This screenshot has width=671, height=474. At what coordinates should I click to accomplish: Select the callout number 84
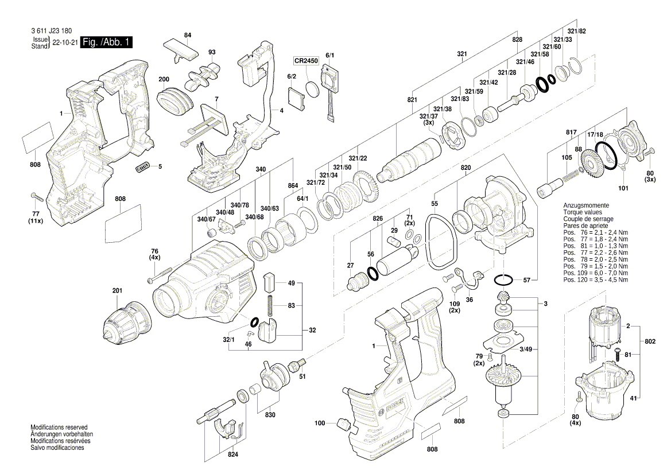coord(187,36)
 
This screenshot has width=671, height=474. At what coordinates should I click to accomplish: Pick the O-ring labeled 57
coord(504,279)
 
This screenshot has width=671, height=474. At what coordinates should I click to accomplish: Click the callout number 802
coord(650,341)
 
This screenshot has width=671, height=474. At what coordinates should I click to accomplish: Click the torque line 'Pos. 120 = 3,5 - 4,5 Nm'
coord(595,279)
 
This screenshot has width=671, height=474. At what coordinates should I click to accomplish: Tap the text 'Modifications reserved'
coord(59,428)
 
